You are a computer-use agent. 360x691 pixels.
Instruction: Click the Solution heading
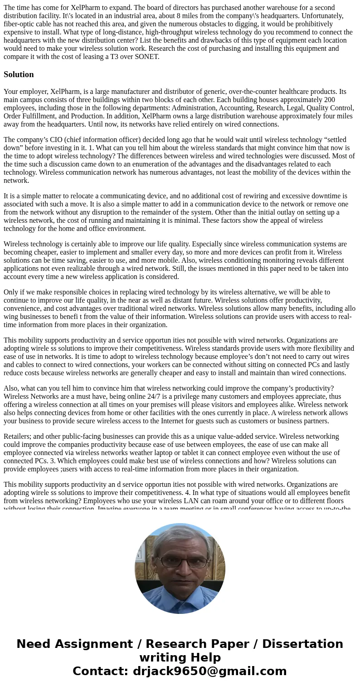click(x=19, y=74)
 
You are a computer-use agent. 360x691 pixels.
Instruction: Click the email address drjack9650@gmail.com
click(x=210, y=671)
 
